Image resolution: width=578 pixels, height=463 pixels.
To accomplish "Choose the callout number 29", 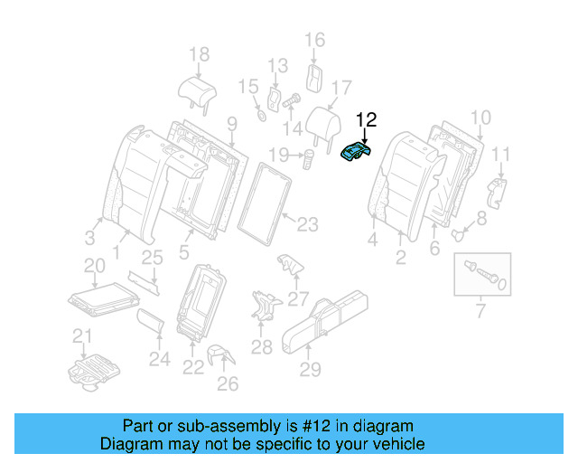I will coord(310,369).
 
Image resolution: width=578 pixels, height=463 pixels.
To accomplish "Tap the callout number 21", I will coord(83,337).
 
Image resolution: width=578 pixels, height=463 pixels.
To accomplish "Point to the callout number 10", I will coord(481,117).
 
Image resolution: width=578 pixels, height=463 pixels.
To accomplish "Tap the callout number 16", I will coord(314,40).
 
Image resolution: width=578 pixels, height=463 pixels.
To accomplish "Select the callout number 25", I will coord(152,259).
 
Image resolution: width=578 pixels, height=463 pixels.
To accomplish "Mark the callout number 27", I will coord(298,297).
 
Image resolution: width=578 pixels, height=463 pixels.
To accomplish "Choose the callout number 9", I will coord(231,123).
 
